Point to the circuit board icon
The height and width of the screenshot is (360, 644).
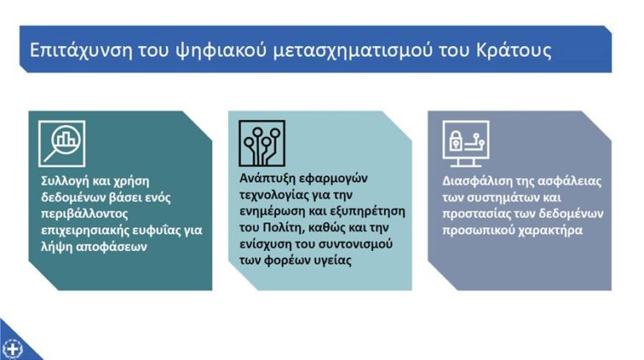[262, 143]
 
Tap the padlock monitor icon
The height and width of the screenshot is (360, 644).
[466, 143]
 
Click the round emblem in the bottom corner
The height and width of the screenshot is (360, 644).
[12, 347]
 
